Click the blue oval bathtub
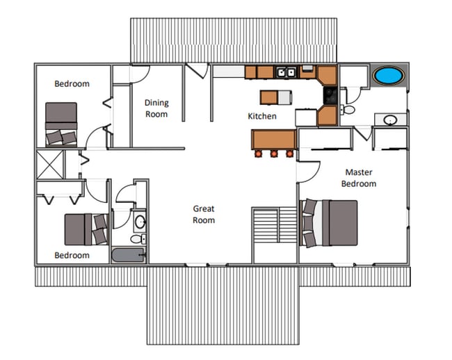click(388, 76)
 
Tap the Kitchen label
click(262, 116)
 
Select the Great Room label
click(204, 214)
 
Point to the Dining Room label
click(156, 108)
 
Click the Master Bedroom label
click(359, 178)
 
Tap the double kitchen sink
click(286, 72)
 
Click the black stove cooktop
click(330, 95)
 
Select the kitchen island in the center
click(276, 97)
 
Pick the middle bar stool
click(274, 154)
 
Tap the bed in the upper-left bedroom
click(61, 124)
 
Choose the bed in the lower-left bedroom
click(86, 229)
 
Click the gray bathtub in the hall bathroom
click(128, 255)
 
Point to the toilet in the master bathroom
click(348, 110)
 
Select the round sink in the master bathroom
click(389, 120)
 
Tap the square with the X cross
click(50, 165)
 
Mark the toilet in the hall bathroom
click(138, 239)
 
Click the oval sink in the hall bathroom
click(140, 222)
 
